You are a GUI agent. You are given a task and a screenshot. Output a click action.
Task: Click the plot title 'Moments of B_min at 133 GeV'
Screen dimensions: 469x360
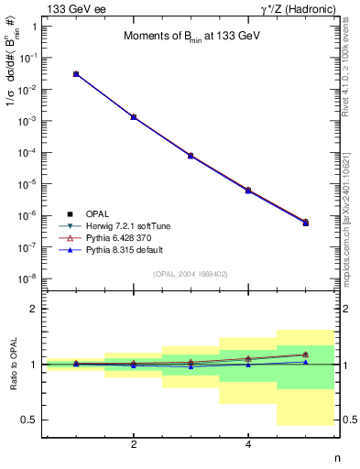click(190, 37)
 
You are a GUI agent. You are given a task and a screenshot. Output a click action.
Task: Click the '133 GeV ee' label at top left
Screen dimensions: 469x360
click(71, 8)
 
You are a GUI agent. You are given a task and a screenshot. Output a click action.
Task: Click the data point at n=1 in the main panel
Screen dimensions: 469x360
click(76, 73)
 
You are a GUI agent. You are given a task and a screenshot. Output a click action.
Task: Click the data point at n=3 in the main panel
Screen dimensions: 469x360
click(191, 156)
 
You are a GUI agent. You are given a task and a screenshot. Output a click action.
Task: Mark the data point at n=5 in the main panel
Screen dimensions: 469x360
click(305, 223)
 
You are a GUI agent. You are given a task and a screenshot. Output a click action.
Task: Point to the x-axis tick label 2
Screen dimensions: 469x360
click(134, 445)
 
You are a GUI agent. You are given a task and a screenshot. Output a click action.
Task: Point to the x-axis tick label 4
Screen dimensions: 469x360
click(248, 445)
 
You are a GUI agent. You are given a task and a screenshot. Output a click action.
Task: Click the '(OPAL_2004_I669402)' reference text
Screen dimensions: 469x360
click(190, 273)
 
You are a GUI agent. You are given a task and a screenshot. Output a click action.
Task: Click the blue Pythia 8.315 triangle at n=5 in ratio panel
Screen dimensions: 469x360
click(305, 362)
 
